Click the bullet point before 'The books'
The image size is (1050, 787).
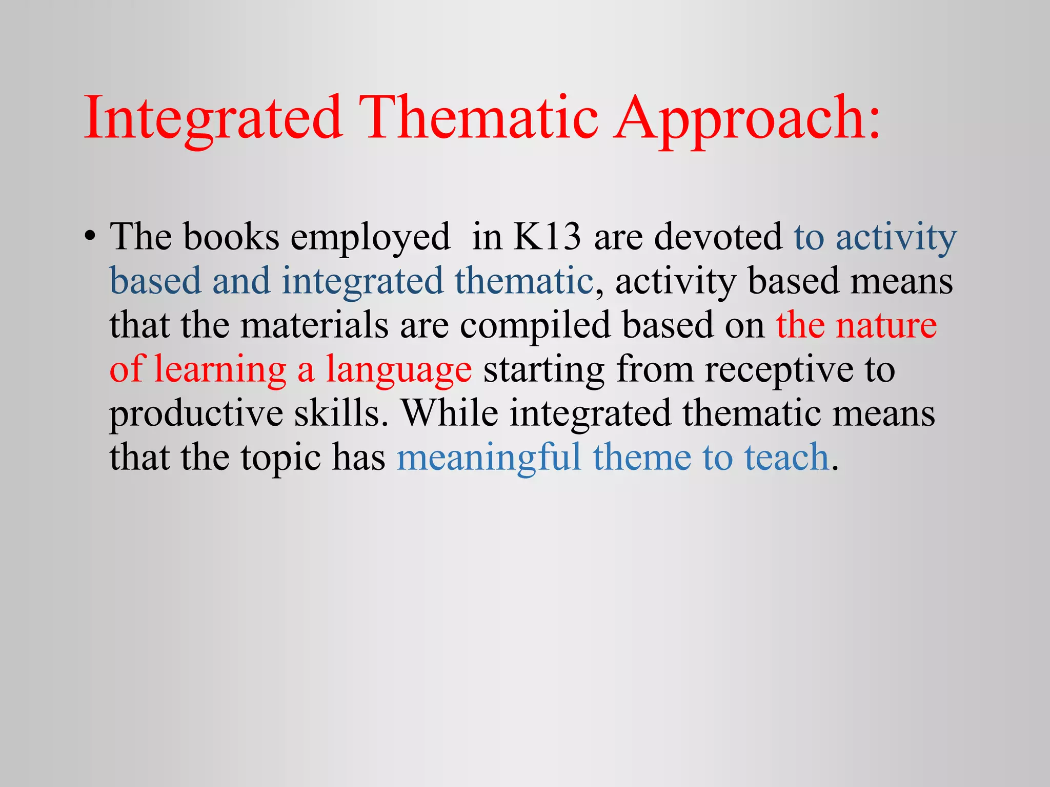click(x=90, y=237)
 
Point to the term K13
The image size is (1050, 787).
click(x=547, y=237)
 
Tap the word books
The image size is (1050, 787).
click(x=231, y=237)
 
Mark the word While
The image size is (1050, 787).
click(x=450, y=413)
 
